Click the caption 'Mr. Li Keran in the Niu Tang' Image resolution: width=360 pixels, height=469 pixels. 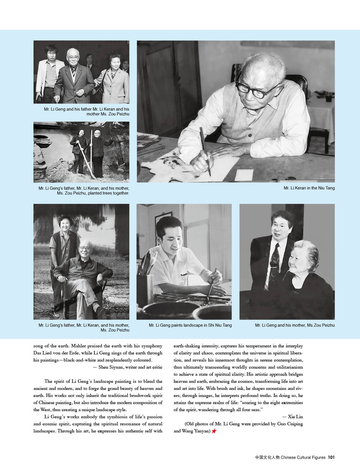pyautogui.click(x=309, y=188)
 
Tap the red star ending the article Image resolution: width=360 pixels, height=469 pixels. pyautogui.click(x=214, y=431)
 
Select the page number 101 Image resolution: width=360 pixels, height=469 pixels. pyautogui.click(x=331, y=457)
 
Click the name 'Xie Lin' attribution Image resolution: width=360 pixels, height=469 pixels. pyautogui.click(x=295, y=417)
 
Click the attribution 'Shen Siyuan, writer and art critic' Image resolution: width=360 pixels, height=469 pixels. pyautogui.click(x=130, y=367)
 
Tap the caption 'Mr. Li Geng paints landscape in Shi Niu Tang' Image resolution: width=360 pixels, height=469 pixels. pyautogui.click(x=190, y=325)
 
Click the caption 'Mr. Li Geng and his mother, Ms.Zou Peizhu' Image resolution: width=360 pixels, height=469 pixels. pyautogui.click(x=295, y=325)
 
